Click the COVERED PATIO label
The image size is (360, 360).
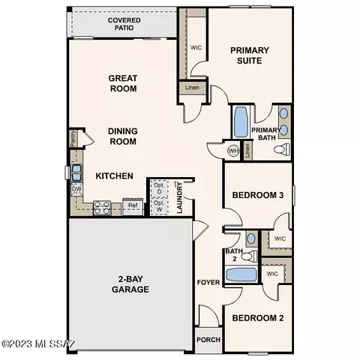[x=124, y=25]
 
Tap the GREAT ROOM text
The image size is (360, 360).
[x=121, y=82]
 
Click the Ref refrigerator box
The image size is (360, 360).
[x=132, y=205]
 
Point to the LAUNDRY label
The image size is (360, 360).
[x=180, y=198]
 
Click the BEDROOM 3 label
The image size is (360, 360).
[x=257, y=195]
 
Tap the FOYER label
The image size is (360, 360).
[x=208, y=283]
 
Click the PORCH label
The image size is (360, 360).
[x=207, y=338]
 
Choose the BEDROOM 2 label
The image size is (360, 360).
[x=257, y=318]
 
